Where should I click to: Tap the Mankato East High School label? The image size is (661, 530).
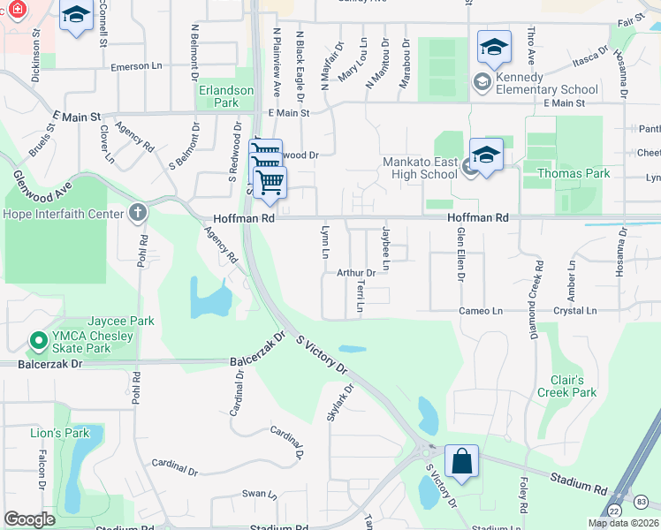coord(420,168)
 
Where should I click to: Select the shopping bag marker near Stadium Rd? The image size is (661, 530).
coord(462,461)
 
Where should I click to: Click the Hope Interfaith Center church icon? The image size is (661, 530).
coord(137,212)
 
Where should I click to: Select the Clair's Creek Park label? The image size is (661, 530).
coord(566,386)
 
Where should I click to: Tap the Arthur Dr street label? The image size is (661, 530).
coord(356,273)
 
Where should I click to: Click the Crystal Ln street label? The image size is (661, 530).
coord(574,311)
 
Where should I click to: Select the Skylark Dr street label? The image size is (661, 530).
coord(341,402)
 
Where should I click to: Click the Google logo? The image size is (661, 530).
coord(30,519)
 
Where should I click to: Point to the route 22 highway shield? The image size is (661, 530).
coord(613,511)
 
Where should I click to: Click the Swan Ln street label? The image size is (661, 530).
coord(259,494)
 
